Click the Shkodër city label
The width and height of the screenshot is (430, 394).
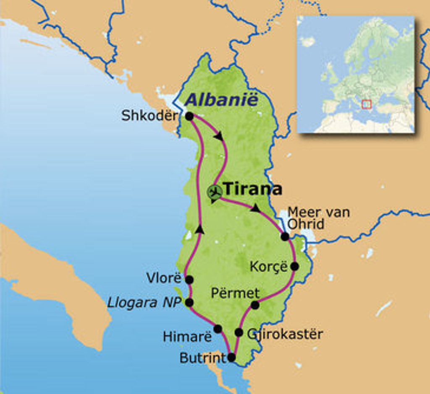pos(149,116)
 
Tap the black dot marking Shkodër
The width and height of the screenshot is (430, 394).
pos(189,116)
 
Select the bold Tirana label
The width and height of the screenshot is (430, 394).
pos(252,189)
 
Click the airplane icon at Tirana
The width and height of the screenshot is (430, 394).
pos(215,192)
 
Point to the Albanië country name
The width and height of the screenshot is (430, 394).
pos(221,100)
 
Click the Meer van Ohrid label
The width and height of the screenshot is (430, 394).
pos(318,218)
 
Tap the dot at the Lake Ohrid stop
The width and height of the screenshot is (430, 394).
pos(285,236)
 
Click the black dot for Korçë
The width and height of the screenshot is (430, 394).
pos(294,266)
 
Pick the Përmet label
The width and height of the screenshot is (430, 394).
pos(235,293)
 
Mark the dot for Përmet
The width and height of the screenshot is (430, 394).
pos(255,305)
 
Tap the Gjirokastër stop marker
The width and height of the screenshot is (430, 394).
pos(239,332)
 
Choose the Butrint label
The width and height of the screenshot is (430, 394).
pos(202,358)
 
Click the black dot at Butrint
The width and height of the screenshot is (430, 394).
pos(231,358)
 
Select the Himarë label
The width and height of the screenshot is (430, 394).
pos(187,336)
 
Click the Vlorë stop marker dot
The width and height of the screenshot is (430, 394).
pos(189,280)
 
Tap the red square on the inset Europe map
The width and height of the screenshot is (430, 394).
pos(367,104)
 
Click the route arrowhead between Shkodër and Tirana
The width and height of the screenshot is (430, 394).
pos(218,136)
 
